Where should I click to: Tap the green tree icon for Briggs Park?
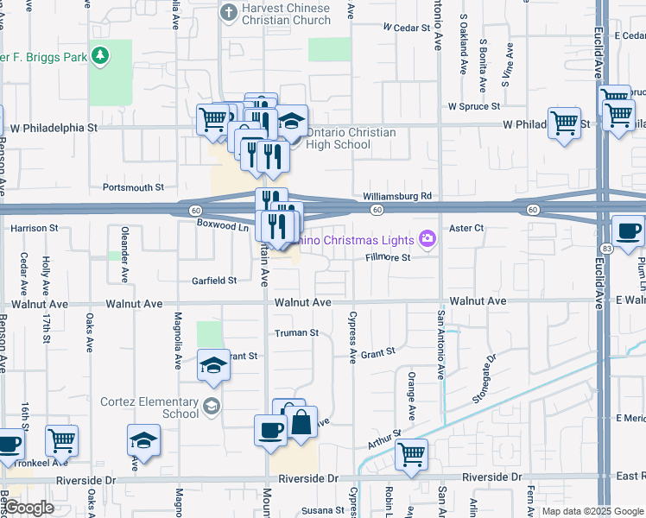(101, 56)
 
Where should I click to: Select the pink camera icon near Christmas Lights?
(426, 238)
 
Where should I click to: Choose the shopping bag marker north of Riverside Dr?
(301, 423)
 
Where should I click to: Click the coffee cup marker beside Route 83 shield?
(628, 231)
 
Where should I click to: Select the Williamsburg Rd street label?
(396, 197)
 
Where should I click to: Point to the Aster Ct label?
(466, 228)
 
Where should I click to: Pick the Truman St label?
(296, 332)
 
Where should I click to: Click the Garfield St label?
(214, 281)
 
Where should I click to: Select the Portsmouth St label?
(133, 186)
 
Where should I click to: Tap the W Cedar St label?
(406, 28)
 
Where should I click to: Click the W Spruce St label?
(474, 106)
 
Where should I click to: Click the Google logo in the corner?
(28, 508)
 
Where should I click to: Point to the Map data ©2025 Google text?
(592, 511)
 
